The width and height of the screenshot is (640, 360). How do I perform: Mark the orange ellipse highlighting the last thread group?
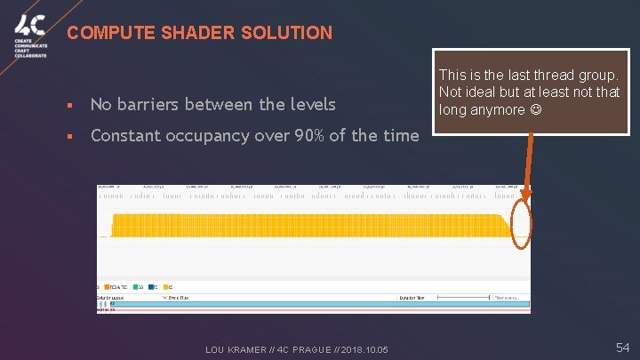(522, 226)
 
